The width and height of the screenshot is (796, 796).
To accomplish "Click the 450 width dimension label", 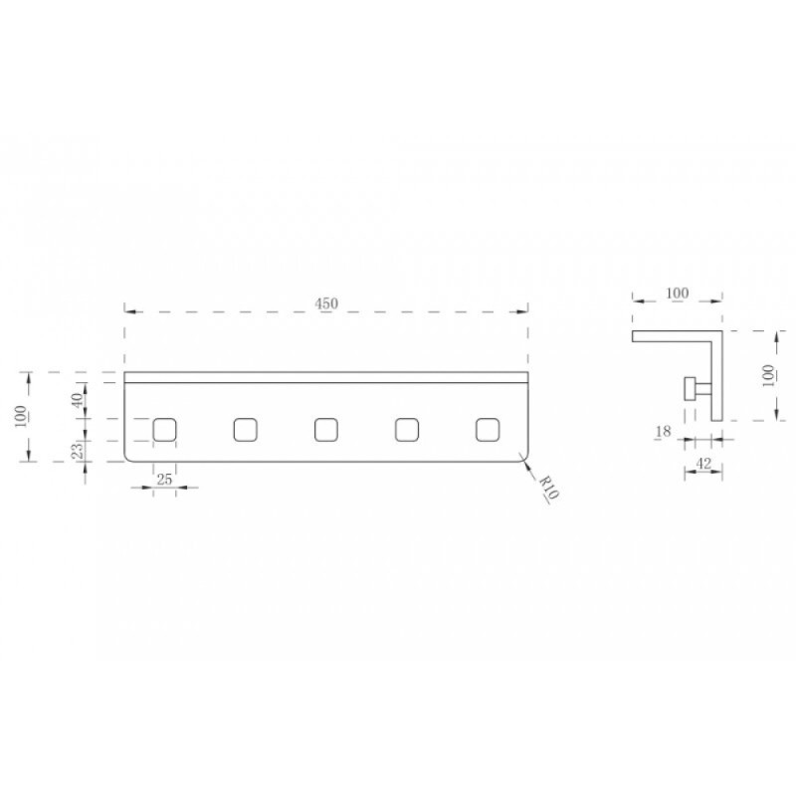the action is (326, 303).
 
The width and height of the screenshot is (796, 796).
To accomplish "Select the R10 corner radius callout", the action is (549, 488).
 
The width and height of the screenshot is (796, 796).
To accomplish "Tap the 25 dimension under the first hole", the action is (164, 480).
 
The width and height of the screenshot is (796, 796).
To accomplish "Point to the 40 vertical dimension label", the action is (77, 400).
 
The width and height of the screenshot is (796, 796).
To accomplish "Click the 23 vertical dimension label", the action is (77, 451).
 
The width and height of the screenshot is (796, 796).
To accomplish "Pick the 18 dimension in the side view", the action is (663, 432).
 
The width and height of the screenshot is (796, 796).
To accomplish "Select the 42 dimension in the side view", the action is (703, 464).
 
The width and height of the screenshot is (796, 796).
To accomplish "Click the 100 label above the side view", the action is (678, 293).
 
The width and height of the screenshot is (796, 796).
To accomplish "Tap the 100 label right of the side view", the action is (768, 376).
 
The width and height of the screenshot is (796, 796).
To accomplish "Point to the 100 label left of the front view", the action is (21, 416).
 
